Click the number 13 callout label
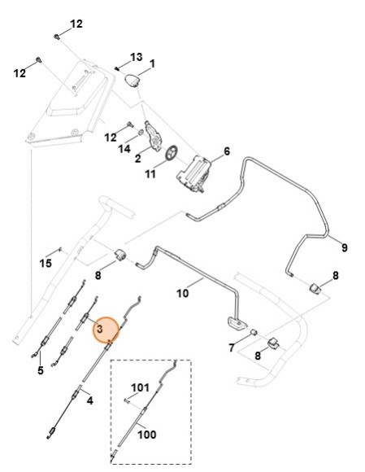point(136,57)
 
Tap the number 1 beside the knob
point(152,63)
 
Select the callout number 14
point(124,149)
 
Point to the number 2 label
point(138,158)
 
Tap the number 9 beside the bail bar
point(343,247)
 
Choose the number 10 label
point(183,291)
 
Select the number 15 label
point(46,263)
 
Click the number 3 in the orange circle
point(98,330)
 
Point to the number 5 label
point(39,371)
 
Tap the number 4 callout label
point(89,400)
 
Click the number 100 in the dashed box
point(146,435)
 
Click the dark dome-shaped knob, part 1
point(133,79)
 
